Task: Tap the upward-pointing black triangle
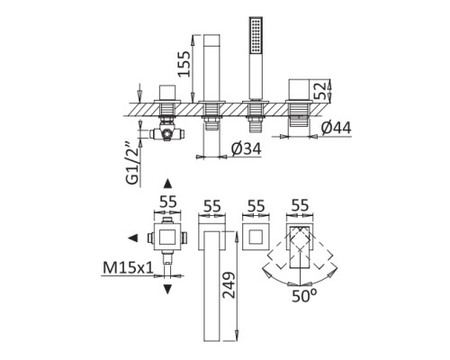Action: click(x=167, y=184)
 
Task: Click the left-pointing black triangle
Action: click(x=133, y=238)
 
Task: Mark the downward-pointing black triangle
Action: click(x=167, y=288)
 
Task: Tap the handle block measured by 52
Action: click(x=297, y=91)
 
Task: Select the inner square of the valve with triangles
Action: click(x=167, y=238)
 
